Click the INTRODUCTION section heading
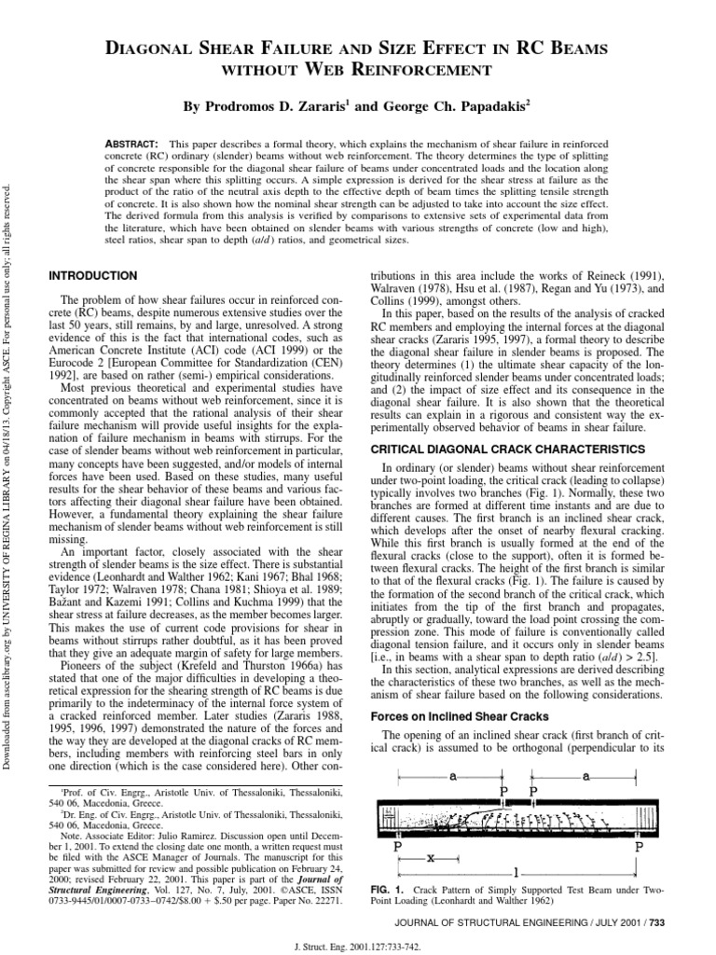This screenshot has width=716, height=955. click(x=92, y=276)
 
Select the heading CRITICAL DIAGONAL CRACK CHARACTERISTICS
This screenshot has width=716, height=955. click(x=507, y=449)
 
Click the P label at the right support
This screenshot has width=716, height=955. click(x=640, y=846)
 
